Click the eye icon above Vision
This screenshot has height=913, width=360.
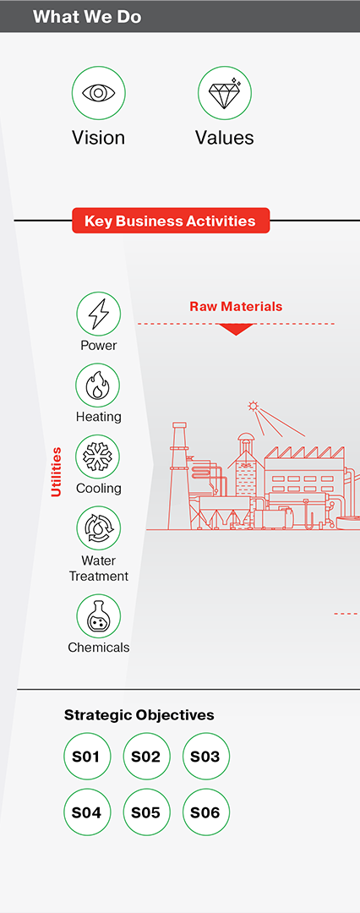point(98,93)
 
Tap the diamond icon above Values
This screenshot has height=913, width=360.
point(224,93)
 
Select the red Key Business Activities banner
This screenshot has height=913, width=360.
point(171,221)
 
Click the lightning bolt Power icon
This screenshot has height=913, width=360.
point(98,314)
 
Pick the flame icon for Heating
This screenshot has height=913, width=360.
point(98,385)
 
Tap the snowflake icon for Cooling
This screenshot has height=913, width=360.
point(98,456)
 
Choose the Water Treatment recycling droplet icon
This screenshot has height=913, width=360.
point(98,528)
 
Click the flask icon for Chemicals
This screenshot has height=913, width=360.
point(98,616)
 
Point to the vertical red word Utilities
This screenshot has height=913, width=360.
point(56,472)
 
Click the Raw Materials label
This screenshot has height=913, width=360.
point(236,306)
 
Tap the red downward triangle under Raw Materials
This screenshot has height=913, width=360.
point(236,330)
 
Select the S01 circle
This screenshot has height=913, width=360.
point(87,757)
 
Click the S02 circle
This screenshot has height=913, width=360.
point(146,757)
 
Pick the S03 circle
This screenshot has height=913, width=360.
point(205,757)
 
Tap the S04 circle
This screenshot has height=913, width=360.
point(87,812)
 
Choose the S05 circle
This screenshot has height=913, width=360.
point(146,812)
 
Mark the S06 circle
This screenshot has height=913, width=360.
point(205,812)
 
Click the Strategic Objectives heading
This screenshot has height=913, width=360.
point(139,715)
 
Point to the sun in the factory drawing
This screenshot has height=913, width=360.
point(252,406)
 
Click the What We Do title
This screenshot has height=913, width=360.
point(87,16)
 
